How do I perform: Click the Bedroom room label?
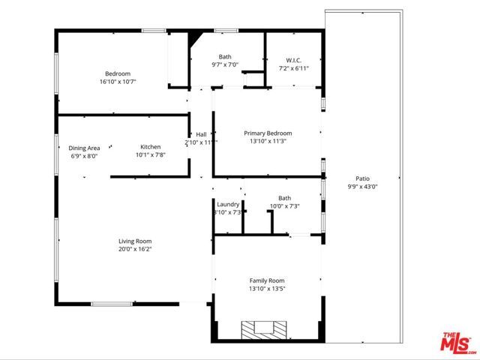coord(118,73)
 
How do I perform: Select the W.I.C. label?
coord(293,60)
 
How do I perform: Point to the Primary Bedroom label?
coord(267,133)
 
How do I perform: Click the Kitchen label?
coord(150,147)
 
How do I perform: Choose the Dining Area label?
coord(84,148)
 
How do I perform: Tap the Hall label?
coord(201,134)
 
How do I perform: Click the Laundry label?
coord(227,204)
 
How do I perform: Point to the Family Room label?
coord(267,280)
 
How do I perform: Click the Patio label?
coord(362,178)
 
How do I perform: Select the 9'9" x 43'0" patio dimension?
coord(362,186)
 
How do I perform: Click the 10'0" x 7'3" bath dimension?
coord(284,206)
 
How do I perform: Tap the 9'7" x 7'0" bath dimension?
coord(224,64)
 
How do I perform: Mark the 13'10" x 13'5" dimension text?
coord(267,288)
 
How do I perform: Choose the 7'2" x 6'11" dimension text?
coord(293,68)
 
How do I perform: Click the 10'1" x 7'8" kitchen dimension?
coord(150,155)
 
